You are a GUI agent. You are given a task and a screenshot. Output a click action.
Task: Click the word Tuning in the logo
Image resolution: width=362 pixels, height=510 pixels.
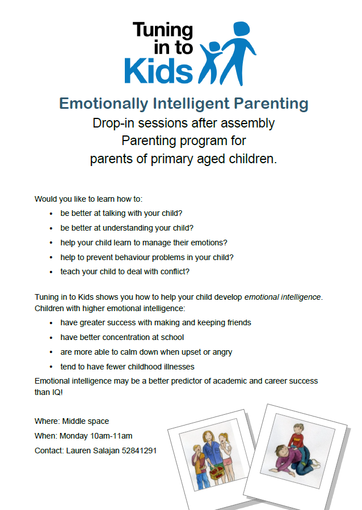coord(163,31)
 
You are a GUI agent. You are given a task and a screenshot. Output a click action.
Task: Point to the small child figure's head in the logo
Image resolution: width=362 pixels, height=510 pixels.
coord(214,48)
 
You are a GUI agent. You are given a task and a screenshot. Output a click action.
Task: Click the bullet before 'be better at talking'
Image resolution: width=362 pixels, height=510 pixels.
coord(51,214)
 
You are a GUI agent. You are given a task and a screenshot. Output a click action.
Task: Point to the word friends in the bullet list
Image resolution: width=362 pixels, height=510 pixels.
coord(237,322)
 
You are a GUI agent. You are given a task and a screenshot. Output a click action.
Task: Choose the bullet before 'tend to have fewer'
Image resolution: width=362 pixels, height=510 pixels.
coord(51,367)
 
